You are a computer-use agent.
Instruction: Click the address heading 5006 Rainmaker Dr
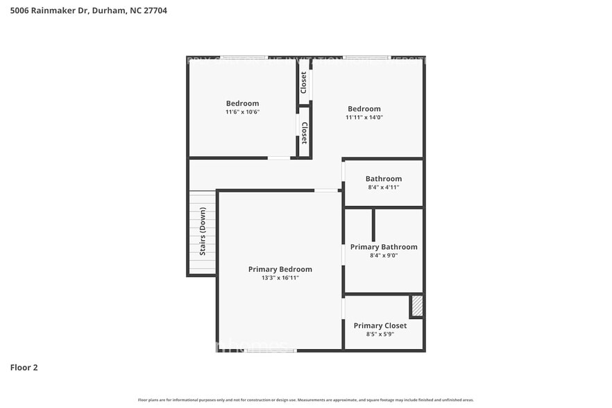pos(88,10)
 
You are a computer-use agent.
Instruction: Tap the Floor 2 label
pos(24,367)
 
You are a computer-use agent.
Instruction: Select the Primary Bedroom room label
pos(280,269)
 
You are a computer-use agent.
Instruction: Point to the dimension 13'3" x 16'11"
pos(280,278)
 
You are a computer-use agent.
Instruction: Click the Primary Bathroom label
pos(384,247)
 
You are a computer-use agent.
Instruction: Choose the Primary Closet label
pos(380,325)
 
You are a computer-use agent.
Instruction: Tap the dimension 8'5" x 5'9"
pos(380,334)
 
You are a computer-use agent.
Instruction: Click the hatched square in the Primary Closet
pos(417,306)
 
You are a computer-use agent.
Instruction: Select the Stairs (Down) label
pos(203,231)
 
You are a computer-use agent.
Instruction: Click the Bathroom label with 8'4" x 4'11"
pos(384,178)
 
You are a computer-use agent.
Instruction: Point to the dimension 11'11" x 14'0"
pos(364,117)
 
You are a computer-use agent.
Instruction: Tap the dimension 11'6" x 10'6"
pos(242,112)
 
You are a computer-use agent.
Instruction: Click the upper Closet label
pos(303,83)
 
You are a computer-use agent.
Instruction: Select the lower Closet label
pos(304,132)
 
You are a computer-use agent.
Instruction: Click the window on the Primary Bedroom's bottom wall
pos(271,350)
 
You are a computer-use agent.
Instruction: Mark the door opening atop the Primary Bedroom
pos(325,190)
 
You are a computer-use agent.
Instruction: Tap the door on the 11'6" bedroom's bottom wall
pos(280,158)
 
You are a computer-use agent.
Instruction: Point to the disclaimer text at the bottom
pos(305,400)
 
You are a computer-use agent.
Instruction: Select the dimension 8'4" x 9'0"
pos(384,255)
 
